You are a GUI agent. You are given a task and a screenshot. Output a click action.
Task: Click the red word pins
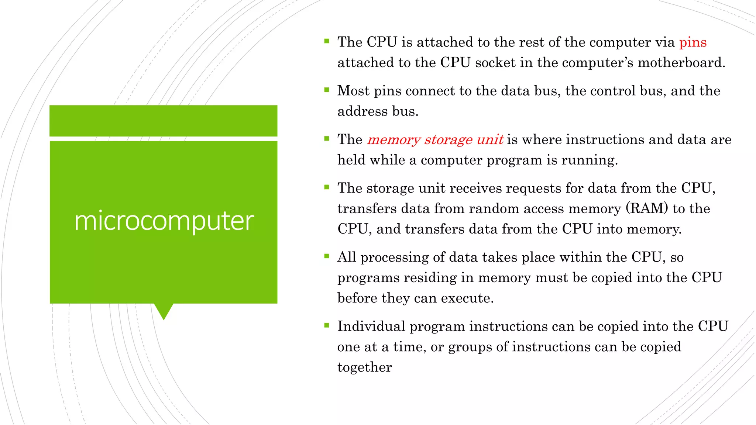[x=693, y=42]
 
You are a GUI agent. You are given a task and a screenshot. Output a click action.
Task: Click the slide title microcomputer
[x=164, y=221]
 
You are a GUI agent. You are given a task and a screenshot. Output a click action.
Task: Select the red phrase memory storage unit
[x=435, y=139]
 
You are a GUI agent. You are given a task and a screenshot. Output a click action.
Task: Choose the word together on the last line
[x=364, y=367]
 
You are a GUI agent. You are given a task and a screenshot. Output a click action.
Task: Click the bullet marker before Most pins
[x=326, y=90]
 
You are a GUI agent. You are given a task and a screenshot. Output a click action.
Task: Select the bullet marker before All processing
[x=326, y=256]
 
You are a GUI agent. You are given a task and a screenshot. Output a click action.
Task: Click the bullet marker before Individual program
[x=326, y=325]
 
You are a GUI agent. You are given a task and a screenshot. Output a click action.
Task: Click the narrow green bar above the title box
[x=164, y=121]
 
